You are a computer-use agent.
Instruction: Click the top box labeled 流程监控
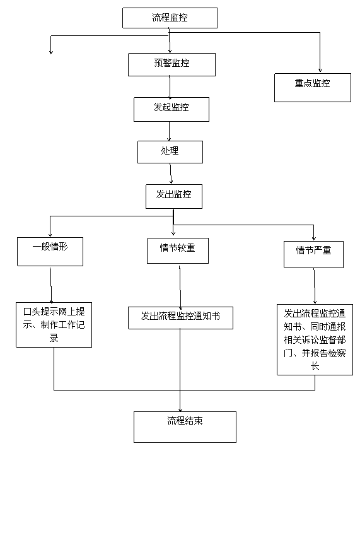(170, 18)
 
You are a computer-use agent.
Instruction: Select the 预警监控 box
(171, 64)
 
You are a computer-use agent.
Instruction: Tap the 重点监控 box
(313, 88)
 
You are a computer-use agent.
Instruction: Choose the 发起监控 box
(171, 110)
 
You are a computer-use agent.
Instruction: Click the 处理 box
(170, 152)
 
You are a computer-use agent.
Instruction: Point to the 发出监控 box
(174, 196)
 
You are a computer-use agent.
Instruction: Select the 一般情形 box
(50, 252)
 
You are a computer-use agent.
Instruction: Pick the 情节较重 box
(178, 251)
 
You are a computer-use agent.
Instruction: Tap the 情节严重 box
(313, 254)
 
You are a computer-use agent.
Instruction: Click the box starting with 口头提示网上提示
(54, 325)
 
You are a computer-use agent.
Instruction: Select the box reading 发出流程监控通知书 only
(180, 318)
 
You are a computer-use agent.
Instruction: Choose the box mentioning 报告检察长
(315, 339)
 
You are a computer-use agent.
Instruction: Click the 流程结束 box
(185, 427)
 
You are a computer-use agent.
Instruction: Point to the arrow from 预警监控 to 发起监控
(170, 88)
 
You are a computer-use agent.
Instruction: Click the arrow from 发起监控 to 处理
(170, 131)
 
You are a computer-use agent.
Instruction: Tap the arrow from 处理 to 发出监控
(171, 174)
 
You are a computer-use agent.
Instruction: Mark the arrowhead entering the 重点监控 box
(320, 70)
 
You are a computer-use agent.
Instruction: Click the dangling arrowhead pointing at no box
(51, 52)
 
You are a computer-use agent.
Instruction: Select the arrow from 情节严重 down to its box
(315, 286)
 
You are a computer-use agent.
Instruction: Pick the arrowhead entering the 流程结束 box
(180, 409)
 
